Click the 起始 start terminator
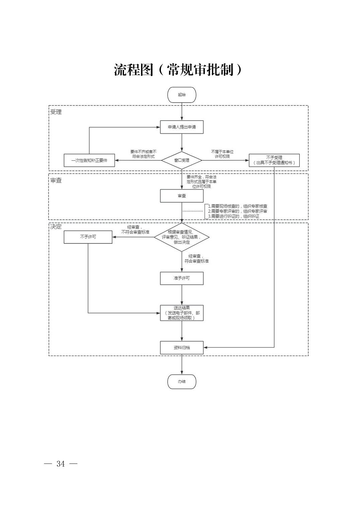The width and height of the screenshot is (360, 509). tap(182, 95)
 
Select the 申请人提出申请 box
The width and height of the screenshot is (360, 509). tap(182, 127)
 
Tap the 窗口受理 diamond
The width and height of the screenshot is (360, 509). tap(182, 160)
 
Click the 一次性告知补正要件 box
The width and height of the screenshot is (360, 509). tap(89, 160)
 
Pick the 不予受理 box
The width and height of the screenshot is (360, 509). tap(274, 160)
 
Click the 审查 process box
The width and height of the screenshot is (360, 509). tap(182, 196)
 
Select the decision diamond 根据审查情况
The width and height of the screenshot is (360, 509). tap(182, 237)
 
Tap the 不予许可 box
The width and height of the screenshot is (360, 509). tap(88, 237)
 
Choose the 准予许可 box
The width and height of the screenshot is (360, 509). tap(182, 278)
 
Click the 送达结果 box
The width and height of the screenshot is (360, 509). tap(182, 313)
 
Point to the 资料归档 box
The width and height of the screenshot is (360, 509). tap(182, 348)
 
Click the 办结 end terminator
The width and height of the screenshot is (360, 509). tap(182, 381)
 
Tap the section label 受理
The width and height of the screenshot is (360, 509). tap(56, 112)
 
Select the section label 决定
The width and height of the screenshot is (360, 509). tap(56, 227)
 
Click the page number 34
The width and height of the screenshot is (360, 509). tap(61, 464)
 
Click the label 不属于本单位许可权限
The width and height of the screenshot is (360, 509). tap(222, 154)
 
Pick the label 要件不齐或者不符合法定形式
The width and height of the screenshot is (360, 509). tap(143, 154)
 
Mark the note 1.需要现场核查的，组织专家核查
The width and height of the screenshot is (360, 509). tap(238, 206)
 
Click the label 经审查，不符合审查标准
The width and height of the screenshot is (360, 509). tap(135, 230)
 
